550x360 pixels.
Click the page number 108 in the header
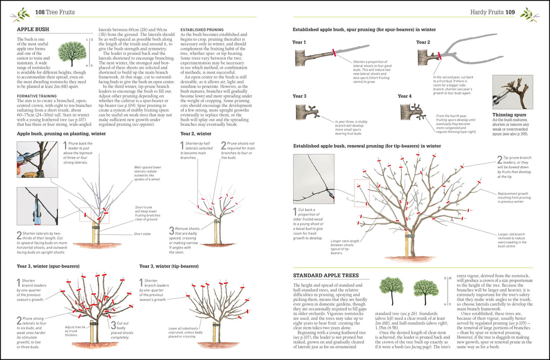(x=41, y=12)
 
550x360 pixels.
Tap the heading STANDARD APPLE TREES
(x=325, y=276)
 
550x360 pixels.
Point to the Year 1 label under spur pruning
(x=299, y=42)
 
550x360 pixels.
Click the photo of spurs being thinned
(x=512, y=92)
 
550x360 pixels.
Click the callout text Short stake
(x=142, y=234)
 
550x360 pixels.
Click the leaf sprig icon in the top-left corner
(x=23, y=13)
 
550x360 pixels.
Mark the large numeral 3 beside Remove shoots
(x=171, y=231)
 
